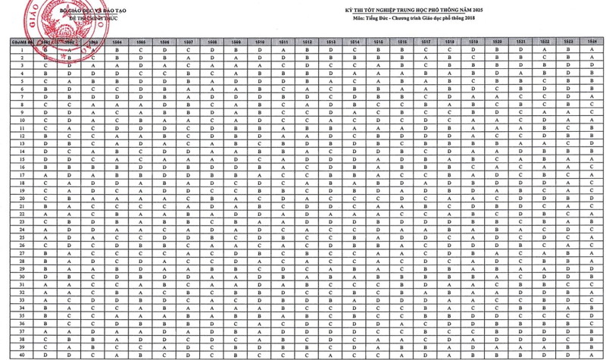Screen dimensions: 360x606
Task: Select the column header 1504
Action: tap(117, 42)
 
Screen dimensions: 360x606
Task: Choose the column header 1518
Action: tap(448, 42)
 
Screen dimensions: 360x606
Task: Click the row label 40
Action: tap(23, 355)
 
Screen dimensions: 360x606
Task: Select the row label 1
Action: tap(23, 50)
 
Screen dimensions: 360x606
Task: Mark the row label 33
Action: tap(23, 300)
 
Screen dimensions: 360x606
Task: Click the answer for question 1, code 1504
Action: tap(117, 50)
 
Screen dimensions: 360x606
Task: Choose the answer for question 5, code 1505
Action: tap(141, 81)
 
